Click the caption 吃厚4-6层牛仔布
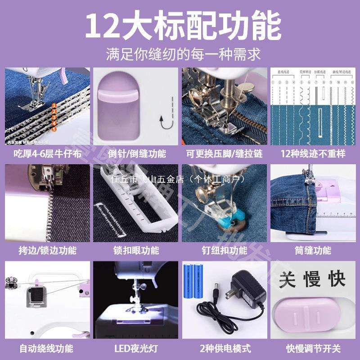point(46,153)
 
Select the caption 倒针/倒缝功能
point(136,153)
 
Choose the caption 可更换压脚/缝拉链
point(224,153)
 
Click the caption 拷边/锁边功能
point(46,250)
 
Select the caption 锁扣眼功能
point(136,250)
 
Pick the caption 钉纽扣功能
point(224,250)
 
